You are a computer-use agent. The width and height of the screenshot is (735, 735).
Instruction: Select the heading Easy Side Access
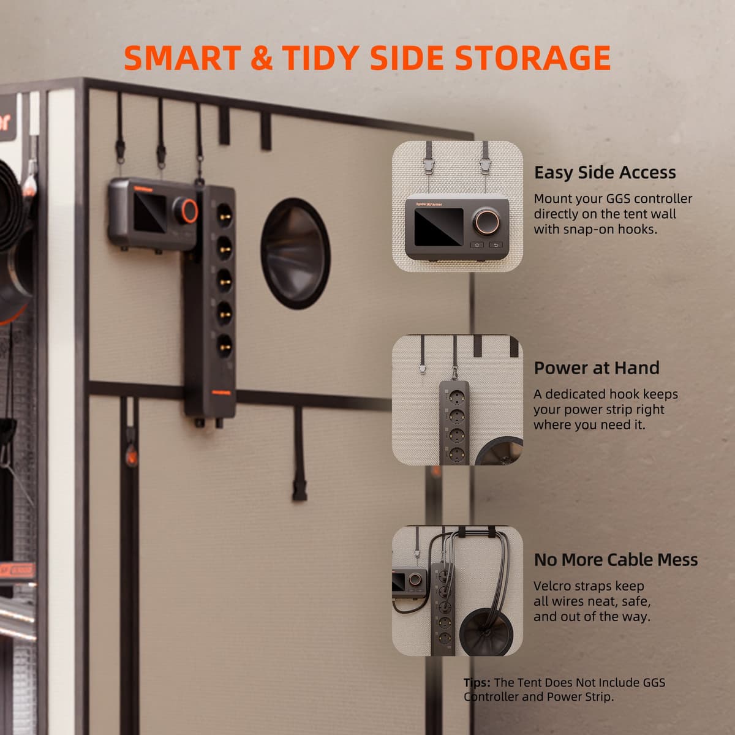pos(605,173)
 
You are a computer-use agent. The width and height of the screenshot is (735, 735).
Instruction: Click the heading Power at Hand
pos(597,368)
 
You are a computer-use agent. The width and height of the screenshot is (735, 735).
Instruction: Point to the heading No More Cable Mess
pos(616,560)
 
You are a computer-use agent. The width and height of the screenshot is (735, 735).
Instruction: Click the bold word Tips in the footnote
pos(477,682)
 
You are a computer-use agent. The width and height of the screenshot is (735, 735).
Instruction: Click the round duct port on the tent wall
pos(295,253)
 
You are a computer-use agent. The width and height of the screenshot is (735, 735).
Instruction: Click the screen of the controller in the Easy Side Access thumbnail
pos(439,227)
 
